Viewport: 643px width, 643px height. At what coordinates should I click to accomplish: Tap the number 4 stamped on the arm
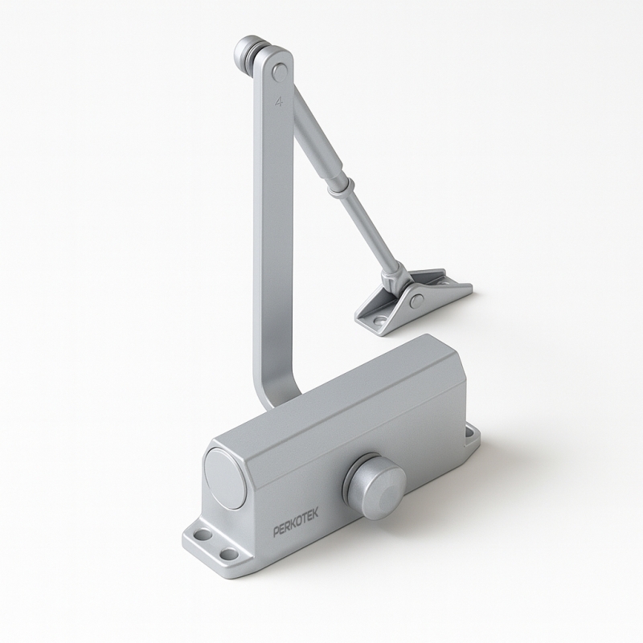point(279,101)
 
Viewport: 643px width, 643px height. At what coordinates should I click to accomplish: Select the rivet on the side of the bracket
point(417,301)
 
